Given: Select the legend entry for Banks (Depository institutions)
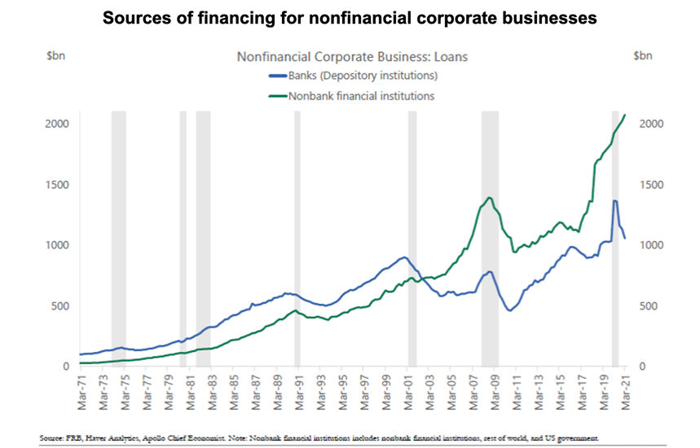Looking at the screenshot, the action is coord(353,76).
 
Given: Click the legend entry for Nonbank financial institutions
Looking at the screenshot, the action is coord(351,96).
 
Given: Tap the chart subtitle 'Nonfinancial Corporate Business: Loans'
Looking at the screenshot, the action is coord(352,57).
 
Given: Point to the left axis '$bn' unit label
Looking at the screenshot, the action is coord(55,55).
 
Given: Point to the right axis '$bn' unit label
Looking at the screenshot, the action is coord(643,55).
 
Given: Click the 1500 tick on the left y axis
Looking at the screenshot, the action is coord(57,185).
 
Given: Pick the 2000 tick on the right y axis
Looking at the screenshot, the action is coord(651,124).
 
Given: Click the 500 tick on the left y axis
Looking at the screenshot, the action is coord(60,306).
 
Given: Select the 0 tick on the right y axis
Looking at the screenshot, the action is coord(642,367).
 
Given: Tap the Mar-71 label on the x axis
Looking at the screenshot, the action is coord(81,393).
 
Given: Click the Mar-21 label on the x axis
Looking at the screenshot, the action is coord(626,393).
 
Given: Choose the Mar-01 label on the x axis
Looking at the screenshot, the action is coord(408,393).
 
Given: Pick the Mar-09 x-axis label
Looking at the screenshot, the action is coord(495,393).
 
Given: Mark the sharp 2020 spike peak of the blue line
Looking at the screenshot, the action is coord(615,201).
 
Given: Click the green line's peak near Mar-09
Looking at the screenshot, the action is coord(490,197).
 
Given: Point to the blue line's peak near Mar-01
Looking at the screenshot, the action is coord(404,257).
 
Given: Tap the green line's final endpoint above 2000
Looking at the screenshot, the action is coord(625,115).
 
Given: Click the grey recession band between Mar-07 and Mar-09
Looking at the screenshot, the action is coord(490,239).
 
